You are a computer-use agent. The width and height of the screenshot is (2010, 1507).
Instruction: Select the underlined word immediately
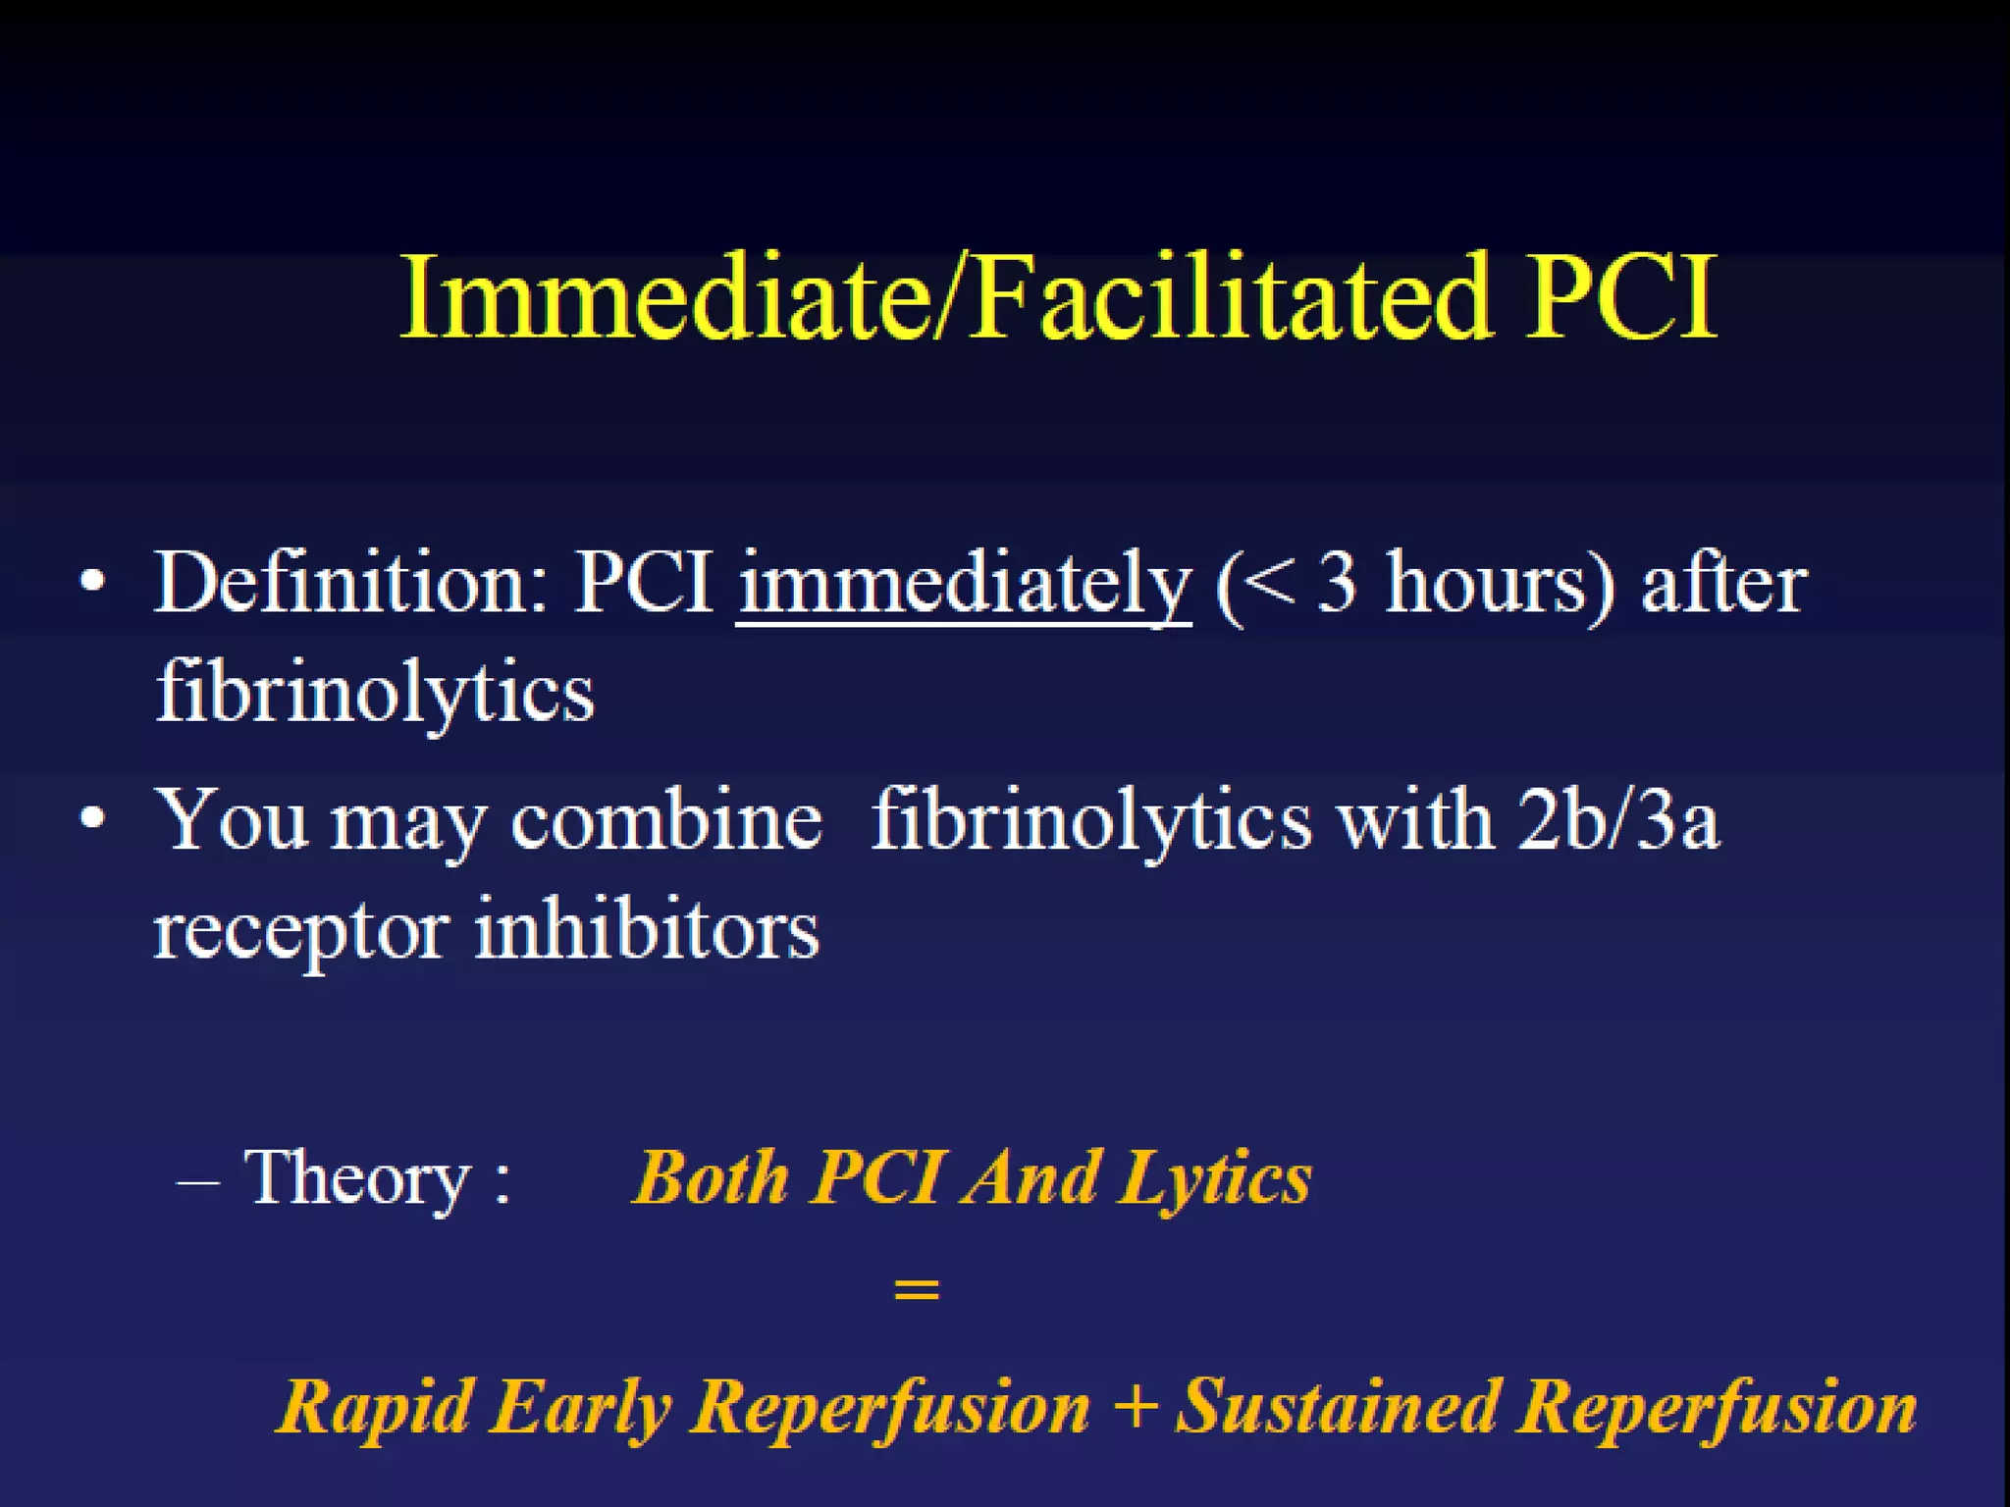pos(964,585)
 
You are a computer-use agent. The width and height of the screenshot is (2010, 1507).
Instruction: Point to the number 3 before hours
pos(1338,585)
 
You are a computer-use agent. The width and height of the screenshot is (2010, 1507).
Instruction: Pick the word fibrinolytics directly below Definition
pos(375,693)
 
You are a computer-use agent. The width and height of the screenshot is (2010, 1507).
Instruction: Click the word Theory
pos(357,1177)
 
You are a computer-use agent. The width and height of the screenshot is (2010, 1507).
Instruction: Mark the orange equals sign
pos(917,1289)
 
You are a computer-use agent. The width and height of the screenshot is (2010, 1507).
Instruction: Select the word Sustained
pos(1337,1407)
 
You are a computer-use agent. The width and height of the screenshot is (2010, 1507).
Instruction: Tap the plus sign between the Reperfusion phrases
pos(1136,1407)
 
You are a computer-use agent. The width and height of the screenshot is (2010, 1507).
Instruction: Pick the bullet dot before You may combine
pos(92,818)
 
